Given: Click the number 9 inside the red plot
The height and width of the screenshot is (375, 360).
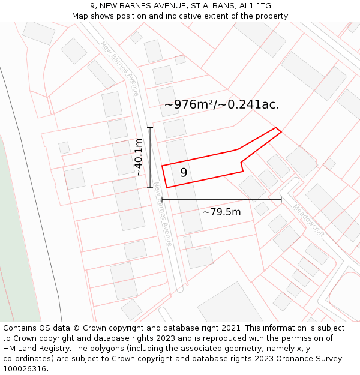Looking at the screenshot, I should click(184, 173).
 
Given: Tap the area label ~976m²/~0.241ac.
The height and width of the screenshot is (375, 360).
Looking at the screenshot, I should click(221, 104).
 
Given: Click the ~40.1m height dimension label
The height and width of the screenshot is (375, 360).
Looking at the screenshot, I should click(139, 157).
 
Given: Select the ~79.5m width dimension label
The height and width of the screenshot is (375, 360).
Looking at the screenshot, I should click(221, 212).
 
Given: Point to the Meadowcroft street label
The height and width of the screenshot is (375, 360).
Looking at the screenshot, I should click(308, 220).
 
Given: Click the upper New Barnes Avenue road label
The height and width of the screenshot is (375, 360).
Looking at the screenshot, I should click(119, 68).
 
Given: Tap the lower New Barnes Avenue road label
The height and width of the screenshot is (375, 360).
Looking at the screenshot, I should click(163, 214).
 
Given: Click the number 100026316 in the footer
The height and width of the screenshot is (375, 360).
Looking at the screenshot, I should click(25, 369).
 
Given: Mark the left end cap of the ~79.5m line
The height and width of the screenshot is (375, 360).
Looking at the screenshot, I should click(162, 199).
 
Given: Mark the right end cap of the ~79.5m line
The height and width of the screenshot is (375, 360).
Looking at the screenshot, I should click(281, 199).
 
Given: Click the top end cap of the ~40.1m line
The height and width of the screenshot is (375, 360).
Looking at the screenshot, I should click(150, 128).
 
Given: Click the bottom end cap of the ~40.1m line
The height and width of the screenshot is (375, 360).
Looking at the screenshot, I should click(150, 187).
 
